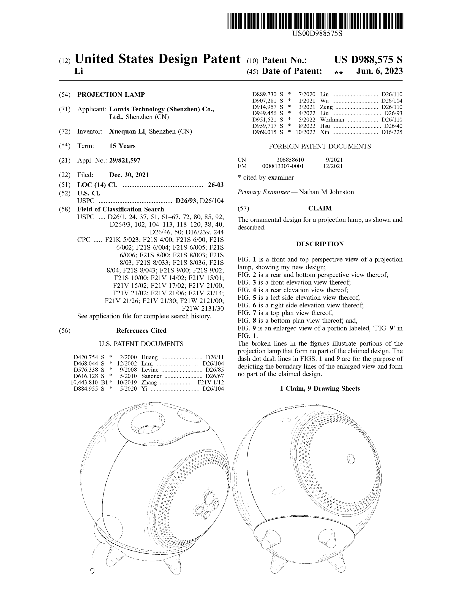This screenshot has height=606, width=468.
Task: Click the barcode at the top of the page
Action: point(315,21)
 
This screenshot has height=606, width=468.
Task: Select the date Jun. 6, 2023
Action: point(379,71)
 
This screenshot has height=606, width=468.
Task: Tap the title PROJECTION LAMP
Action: point(111,94)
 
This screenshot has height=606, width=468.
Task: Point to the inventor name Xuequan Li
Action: point(127,131)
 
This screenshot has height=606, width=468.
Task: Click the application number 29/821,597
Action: point(125,160)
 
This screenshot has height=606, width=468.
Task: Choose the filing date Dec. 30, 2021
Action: point(129,175)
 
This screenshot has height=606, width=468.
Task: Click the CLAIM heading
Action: point(320,209)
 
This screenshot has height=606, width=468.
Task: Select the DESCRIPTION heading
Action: point(320,244)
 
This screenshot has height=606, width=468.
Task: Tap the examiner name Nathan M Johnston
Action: point(326,192)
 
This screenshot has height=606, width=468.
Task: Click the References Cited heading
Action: point(141,331)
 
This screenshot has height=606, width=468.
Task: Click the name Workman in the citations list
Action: point(332,120)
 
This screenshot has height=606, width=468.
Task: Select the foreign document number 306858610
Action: point(290,160)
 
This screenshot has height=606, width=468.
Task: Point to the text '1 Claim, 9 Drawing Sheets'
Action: point(320,388)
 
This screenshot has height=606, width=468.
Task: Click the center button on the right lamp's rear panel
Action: point(351,459)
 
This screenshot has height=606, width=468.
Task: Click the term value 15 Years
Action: point(122,146)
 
